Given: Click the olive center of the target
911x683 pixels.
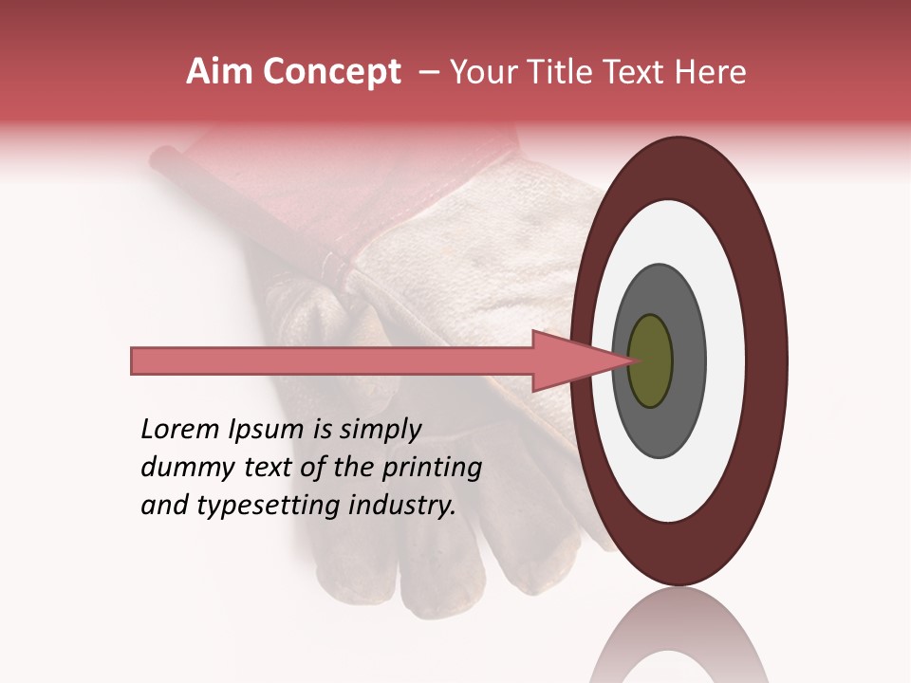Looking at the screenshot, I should (x=650, y=360).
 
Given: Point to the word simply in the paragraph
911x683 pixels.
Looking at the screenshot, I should (x=378, y=430).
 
